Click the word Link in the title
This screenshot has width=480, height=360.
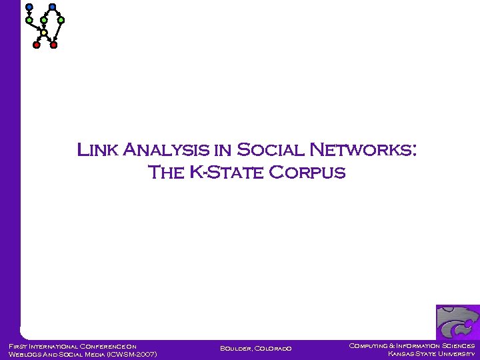point(98,149)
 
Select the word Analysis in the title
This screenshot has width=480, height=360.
point(169,149)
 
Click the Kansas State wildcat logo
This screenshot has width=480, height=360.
point(457,323)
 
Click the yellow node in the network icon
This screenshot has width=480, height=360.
point(44,32)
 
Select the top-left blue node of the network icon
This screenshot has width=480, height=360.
point(29,7)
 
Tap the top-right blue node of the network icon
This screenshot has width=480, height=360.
point(52,7)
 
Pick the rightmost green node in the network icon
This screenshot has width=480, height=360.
point(61,20)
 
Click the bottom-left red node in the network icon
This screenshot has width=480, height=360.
point(37,45)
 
